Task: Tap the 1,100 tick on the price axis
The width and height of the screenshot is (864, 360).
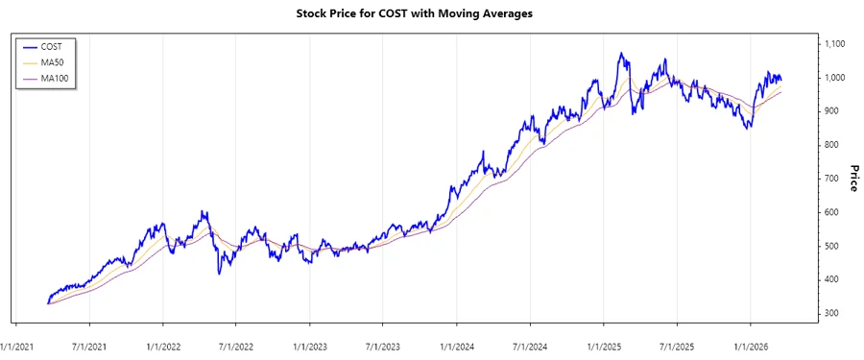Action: click(834, 44)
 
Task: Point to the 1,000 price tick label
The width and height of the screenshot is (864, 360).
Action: click(834, 78)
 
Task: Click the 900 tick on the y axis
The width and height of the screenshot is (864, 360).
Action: click(830, 111)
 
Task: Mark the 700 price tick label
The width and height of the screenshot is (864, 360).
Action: click(830, 179)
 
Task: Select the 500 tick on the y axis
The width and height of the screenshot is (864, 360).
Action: click(830, 247)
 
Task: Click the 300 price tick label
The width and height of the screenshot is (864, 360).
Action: click(830, 314)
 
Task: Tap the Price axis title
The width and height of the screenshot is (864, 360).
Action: click(852, 179)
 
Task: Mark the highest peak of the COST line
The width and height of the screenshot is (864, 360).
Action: click(621, 54)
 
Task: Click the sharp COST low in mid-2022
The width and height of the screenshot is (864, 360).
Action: click(220, 274)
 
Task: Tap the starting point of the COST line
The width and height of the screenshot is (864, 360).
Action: click(47, 303)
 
